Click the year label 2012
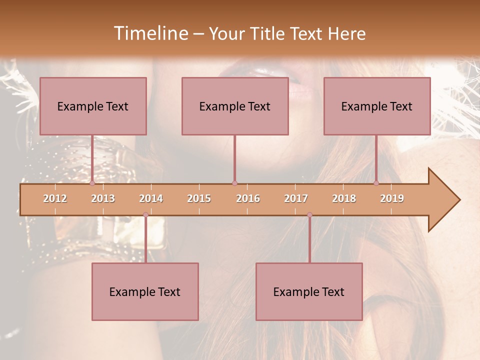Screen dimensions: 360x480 coord(55,198)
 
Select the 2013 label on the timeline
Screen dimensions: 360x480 coord(103,198)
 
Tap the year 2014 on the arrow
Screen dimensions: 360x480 coord(151,198)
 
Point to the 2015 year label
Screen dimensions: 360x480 coord(199,198)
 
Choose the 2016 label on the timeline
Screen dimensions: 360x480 coord(248,198)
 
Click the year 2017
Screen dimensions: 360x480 coord(296,198)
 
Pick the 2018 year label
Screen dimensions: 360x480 coord(344,198)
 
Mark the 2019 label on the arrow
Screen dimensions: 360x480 coord(392,198)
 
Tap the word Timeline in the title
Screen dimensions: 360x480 coord(150,33)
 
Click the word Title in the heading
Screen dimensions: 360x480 coord(272,33)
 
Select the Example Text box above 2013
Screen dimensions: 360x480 coord(93,106)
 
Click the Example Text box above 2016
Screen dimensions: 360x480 coord(235,106)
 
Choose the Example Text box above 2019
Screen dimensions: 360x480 coord(377,106)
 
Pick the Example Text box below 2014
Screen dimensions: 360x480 coord(145,291)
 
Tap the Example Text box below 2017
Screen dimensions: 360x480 coord(309,291)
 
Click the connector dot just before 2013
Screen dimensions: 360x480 coord(92,183)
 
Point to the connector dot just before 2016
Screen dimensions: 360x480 coord(234,183)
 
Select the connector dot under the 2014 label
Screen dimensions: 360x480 coord(145,215)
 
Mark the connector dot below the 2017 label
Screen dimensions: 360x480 coord(309,215)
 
